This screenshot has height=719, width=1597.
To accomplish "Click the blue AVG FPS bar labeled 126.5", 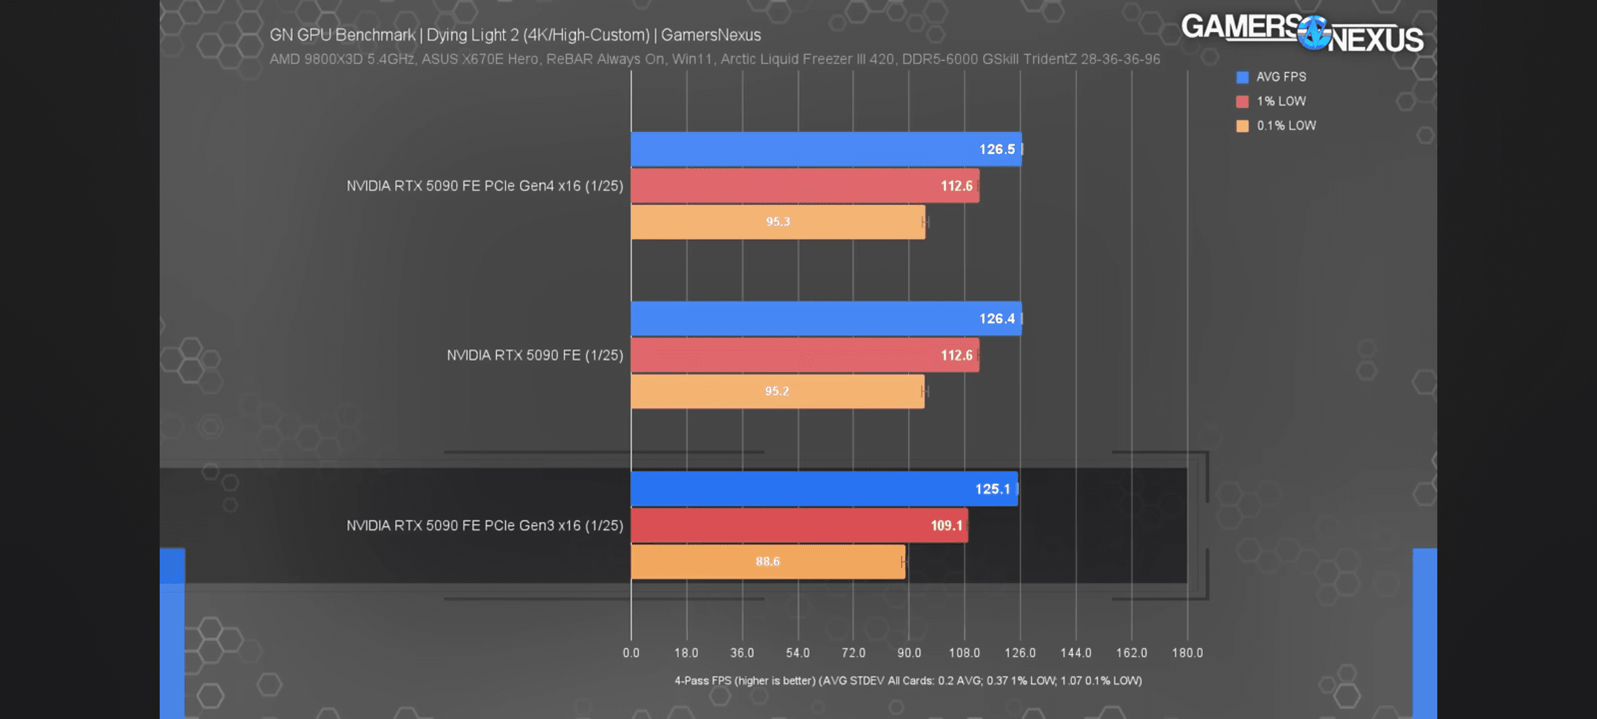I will [825, 149].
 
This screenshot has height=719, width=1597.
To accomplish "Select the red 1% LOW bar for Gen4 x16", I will [804, 186].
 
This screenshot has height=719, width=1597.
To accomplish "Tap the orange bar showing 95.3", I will [777, 222].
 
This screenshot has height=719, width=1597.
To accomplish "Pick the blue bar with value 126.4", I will [825, 318].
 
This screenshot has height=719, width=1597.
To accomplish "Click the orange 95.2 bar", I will [777, 391].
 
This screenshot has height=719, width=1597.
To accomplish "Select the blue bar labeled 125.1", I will [824, 489].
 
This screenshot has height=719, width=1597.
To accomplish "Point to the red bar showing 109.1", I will [798, 525].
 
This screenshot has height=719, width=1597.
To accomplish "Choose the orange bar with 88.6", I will [767, 562].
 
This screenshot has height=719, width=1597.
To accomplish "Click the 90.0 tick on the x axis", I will [909, 653].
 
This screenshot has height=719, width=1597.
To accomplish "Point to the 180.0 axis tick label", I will [1187, 653].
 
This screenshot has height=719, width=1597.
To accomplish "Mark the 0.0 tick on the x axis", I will [631, 653].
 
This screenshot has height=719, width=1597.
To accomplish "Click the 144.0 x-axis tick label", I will [1075, 653].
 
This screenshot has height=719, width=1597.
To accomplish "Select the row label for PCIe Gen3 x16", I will [484, 526].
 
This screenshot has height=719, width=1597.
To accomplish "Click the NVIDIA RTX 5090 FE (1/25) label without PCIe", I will [535, 356].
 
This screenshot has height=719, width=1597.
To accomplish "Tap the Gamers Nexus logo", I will [1302, 33].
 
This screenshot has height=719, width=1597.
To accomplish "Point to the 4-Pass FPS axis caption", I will [908, 681].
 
